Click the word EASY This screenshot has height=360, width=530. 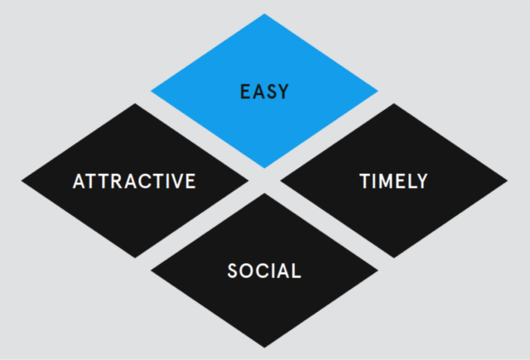[x=264, y=92]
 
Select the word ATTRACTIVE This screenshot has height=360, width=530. [x=134, y=181]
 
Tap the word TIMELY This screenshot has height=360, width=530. [x=394, y=181]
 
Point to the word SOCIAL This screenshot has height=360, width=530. [x=264, y=271]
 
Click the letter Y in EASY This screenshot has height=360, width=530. [x=282, y=92]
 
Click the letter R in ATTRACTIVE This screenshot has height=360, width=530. [x=118, y=181]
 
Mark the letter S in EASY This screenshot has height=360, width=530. [x=270, y=92]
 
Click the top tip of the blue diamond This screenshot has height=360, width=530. [x=264, y=14]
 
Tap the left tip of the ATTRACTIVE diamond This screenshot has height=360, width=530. [x=22, y=180]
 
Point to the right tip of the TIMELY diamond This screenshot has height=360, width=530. [x=508, y=180]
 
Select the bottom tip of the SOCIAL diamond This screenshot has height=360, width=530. [x=264, y=348]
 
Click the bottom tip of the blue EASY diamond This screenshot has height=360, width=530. [x=264, y=168]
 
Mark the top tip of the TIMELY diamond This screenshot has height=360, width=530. [x=394, y=103]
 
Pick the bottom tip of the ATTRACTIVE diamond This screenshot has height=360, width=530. [x=135, y=258]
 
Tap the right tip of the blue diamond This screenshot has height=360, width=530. [x=378, y=91]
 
